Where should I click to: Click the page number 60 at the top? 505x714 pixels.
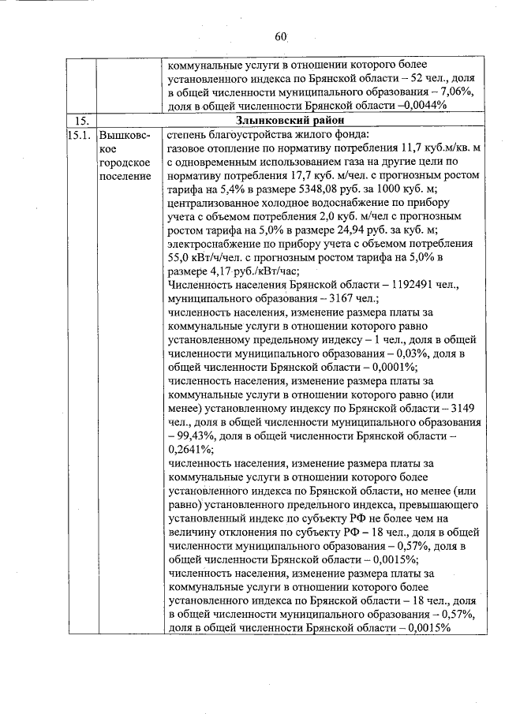pos(282,36)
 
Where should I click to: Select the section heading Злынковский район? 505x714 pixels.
pos(290,120)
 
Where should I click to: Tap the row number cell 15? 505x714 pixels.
pos(79,120)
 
